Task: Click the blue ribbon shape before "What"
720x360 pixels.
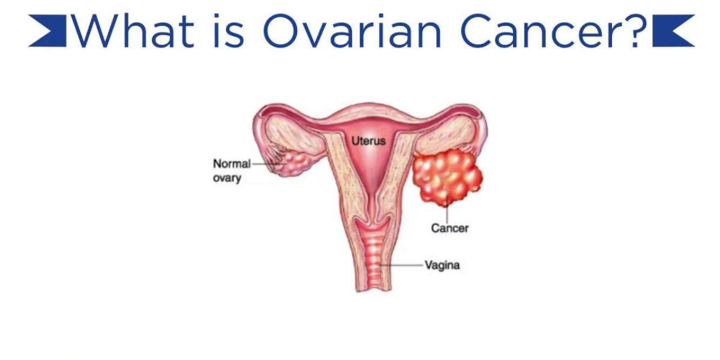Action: [47, 31]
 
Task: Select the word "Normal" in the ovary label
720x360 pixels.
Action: [232, 163]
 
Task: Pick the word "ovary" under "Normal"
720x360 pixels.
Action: [227, 178]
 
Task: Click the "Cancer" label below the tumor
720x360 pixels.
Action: [449, 228]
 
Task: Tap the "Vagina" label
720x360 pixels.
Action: [442, 265]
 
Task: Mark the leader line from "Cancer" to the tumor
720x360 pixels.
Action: [446, 213]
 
